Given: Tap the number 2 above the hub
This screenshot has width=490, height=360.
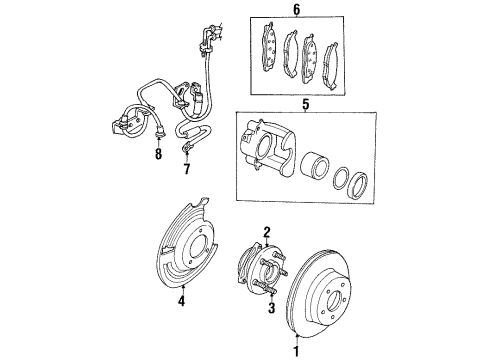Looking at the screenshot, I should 267,231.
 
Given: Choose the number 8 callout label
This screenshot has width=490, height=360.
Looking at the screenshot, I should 158,156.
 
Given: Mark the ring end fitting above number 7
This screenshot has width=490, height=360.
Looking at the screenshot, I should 187,149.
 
